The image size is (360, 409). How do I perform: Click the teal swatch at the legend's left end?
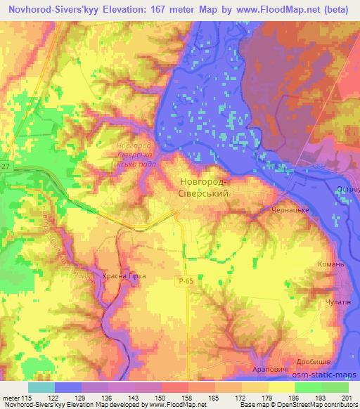click(x=41, y=387)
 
